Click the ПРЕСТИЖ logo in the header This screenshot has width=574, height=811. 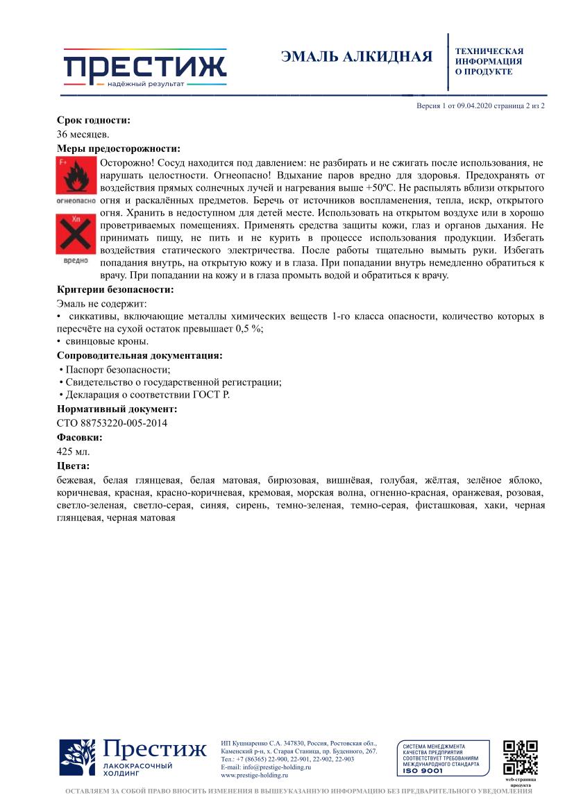[x=145, y=68]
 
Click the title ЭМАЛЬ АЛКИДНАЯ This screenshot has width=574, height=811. [x=357, y=57]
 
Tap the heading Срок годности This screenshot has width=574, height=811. [x=93, y=120]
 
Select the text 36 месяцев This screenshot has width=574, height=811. [x=83, y=135]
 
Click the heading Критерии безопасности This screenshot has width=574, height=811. [x=115, y=289]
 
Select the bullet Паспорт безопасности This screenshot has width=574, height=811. [x=117, y=369]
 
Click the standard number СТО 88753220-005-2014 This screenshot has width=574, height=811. [x=112, y=422]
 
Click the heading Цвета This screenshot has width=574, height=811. [x=73, y=466]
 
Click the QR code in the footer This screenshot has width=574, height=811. [x=520, y=758]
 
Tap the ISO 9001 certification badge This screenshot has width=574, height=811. [x=443, y=758]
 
